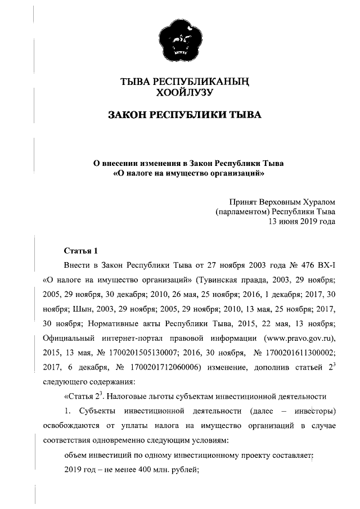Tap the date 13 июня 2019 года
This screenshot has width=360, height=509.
click(x=302, y=222)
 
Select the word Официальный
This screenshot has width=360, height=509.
click(x=68, y=338)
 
